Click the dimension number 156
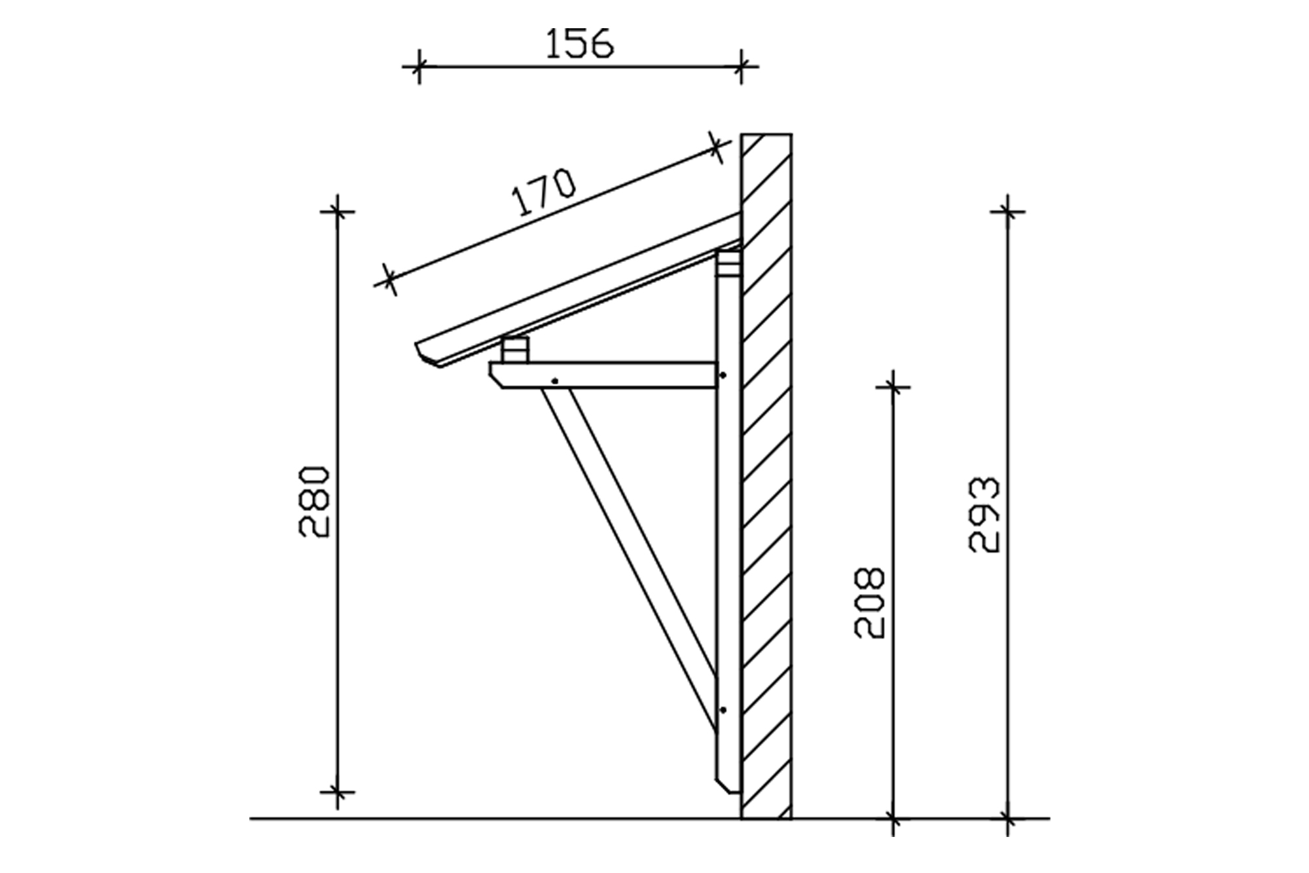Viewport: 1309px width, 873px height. (579, 44)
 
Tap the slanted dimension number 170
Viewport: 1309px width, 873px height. (545, 193)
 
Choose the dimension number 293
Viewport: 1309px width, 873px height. (984, 515)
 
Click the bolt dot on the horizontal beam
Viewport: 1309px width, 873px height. (555, 381)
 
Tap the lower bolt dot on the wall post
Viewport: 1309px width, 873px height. (723, 710)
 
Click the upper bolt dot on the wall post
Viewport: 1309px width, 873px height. (723, 375)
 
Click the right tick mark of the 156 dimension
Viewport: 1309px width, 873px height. (741, 66)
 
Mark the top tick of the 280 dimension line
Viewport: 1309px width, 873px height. (338, 211)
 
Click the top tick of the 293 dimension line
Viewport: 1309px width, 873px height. (1008, 211)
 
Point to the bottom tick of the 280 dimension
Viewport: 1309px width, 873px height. (338, 792)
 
